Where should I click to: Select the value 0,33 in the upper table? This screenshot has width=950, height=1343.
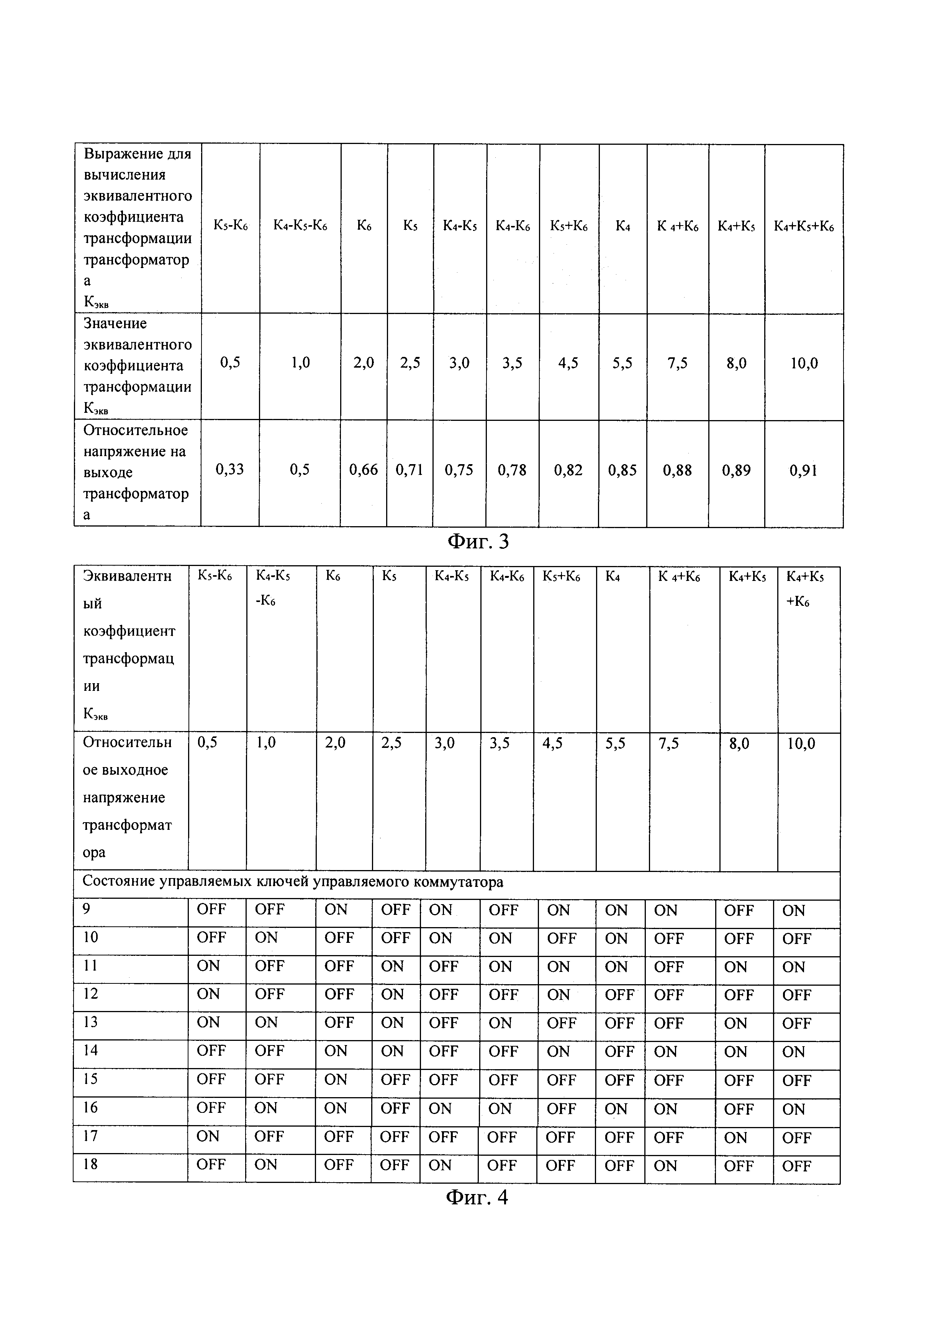[229, 470]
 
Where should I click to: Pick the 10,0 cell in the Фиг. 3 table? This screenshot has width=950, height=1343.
[804, 364]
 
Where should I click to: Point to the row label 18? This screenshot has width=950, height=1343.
[90, 1164]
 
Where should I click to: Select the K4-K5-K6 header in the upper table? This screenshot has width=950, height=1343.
[300, 226]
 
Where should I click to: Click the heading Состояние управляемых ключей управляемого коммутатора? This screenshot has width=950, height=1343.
[293, 882]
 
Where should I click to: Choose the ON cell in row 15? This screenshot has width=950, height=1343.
[336, 1079]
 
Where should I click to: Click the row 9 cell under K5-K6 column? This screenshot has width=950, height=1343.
[211, 909]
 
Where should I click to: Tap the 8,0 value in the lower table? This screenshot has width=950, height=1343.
[739, 744]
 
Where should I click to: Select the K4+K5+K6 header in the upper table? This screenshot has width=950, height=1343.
[804, 226]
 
